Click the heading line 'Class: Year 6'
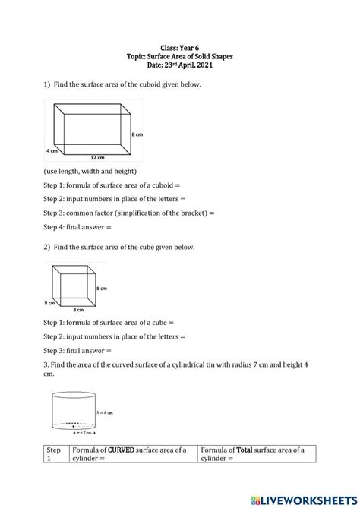click(180, 47)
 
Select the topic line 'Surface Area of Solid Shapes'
click(180, 56)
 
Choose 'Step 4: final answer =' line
click(77, 226)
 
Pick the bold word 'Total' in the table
click(244, 450)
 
